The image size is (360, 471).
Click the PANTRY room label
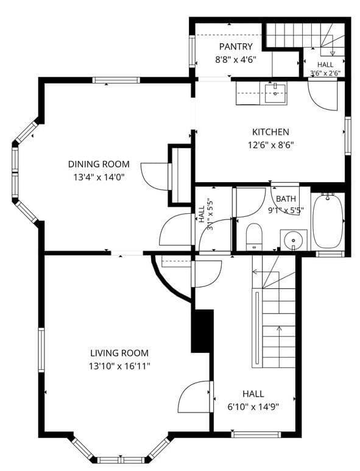pyautogui.click(x=236, y=46)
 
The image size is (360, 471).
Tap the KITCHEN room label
pyautogui.click(x=270, y=132)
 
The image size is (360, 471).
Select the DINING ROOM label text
pyautogui.click(x=99, y=164)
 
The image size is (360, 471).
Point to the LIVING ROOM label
pyautogui.click(x=119, y=353)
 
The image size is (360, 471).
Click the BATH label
pyautogui.click(x=286, y=199)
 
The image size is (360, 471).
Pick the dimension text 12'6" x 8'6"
pyautogui.click(x=270, y=146)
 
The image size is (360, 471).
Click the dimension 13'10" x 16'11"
pyautogui.click(x=119, y=366)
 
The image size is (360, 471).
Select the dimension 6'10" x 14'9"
pyautogui.click(x=253, y=407)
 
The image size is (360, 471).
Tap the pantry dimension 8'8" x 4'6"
pyautogui.click(x=236, y=60)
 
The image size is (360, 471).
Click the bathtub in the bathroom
pyautogui.click(x=328, y=221)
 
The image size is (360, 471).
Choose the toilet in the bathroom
pyautogui.click(x=254, y=237)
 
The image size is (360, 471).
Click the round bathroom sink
pyautogui.click(x=294, y=240)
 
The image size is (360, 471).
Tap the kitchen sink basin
pyautogui.click(x=275, y=93)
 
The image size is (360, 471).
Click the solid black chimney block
pyautogui.click(x=202, y=331)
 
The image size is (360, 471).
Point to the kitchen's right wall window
pyautogui.click(x=348, y=136)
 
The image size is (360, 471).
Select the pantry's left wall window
pyautogui.click(x=192, y=51)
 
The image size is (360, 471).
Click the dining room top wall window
pyautogui.click(x=116, y=80)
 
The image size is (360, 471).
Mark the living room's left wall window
pyautogui.click(x=41, y=350)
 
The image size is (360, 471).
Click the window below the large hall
pyautogui.click(x=256, y=434)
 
